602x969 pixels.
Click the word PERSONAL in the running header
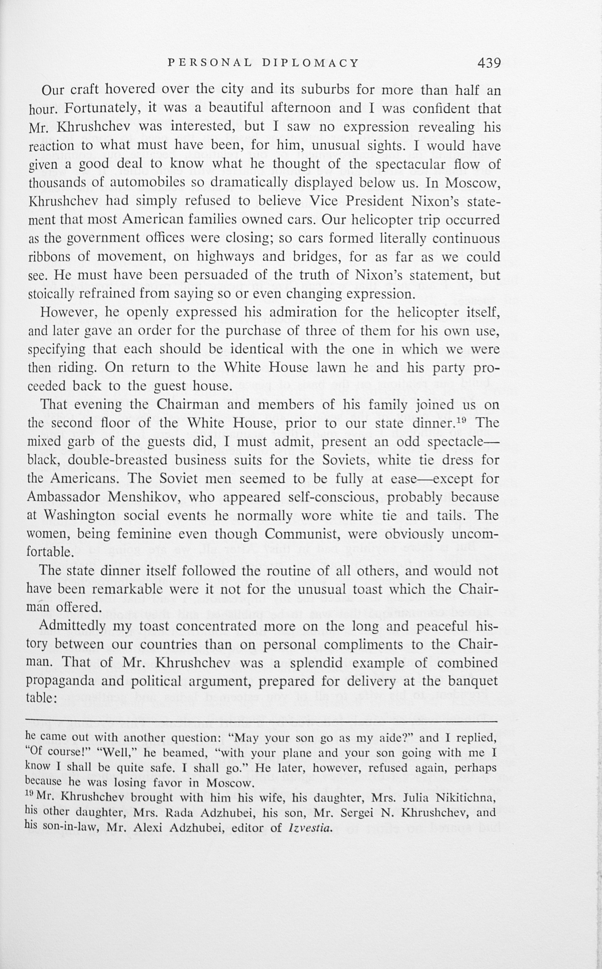pos(210,62)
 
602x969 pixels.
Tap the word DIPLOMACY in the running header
pos(311,62)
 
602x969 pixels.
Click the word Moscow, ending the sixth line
pos(473,183)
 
